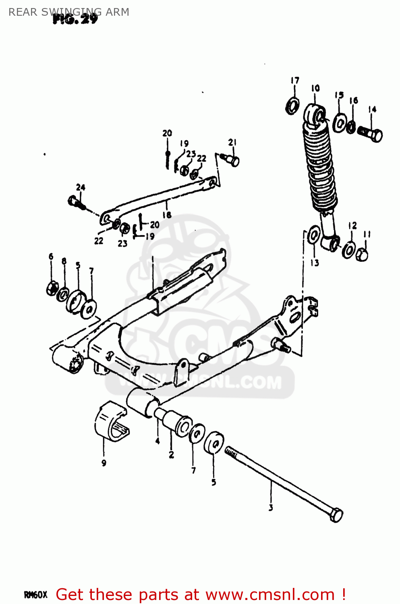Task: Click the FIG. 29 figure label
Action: click(x=75, y=19)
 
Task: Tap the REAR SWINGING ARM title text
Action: click(x=68, y=12)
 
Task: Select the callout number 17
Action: click(x=295, y=81)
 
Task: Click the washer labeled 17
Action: click(x=292, y=105)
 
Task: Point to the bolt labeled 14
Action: click(x=370, y=133)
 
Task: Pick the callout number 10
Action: click(x=315, y=88)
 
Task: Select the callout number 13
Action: click(x=315, y=263)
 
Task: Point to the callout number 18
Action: click(x=167, y=215)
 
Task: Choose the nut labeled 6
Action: click(x=52, y=288)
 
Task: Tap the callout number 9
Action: click(x=104, y=463)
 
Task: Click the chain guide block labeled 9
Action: click(x=111, y=421)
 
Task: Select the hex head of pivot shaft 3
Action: click(x=336, y=515)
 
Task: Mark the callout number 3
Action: click(x=271, y=508)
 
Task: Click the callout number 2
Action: click(x=171, y=455)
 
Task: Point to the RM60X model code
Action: click(x=36, y=595)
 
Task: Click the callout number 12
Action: click(x=352, y=225)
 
